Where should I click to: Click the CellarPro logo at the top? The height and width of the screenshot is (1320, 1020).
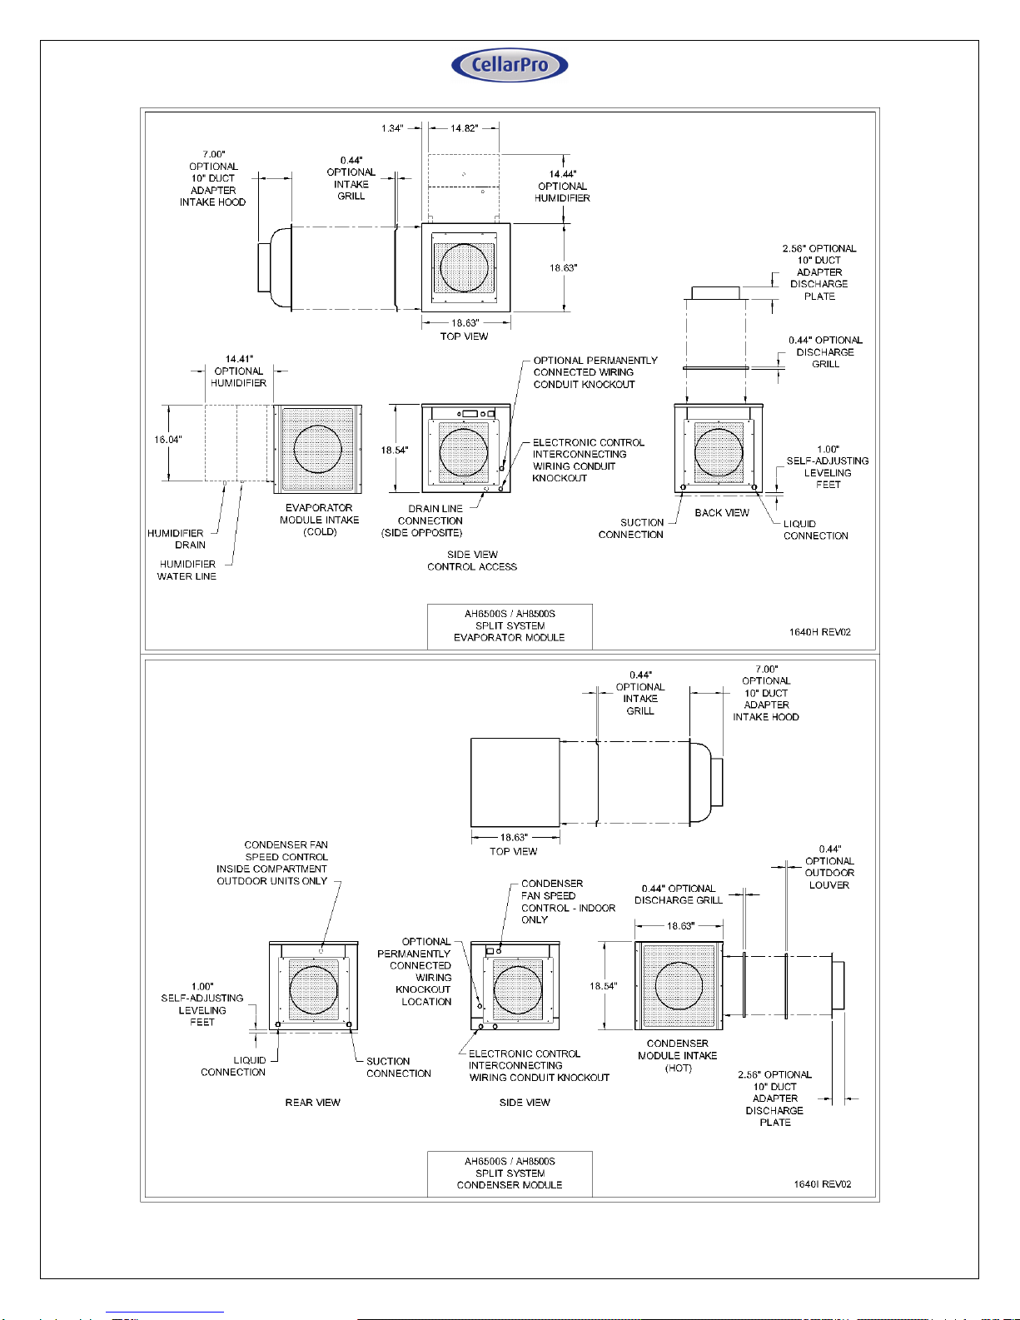510,65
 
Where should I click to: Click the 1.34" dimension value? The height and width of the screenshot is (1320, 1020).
392,128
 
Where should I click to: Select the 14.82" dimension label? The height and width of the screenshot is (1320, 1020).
465,128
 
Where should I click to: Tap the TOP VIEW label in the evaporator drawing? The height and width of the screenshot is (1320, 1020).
464,336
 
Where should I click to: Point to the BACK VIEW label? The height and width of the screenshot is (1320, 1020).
722,513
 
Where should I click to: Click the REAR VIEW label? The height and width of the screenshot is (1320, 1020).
312,1103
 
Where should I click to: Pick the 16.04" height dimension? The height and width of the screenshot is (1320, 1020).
167,440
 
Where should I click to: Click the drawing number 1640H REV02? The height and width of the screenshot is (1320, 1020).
819,632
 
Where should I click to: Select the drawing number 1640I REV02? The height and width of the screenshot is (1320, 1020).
822,1184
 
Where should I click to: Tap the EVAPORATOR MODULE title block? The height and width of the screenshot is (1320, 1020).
510,626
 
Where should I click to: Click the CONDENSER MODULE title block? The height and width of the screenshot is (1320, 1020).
510,1173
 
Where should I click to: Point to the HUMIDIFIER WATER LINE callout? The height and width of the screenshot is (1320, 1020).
187,570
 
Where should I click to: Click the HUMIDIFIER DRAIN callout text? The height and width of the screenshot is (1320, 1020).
177,539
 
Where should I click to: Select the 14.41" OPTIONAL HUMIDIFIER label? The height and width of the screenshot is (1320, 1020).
239,371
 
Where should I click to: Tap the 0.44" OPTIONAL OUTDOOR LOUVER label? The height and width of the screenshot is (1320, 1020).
829,867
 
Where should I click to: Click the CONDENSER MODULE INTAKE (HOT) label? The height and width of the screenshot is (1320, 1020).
678,1056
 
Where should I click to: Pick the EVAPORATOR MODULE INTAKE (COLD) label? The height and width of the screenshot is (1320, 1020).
319,520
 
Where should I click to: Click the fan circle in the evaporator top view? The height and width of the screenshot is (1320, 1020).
465,267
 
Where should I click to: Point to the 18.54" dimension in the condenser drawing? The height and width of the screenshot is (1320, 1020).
604,986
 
